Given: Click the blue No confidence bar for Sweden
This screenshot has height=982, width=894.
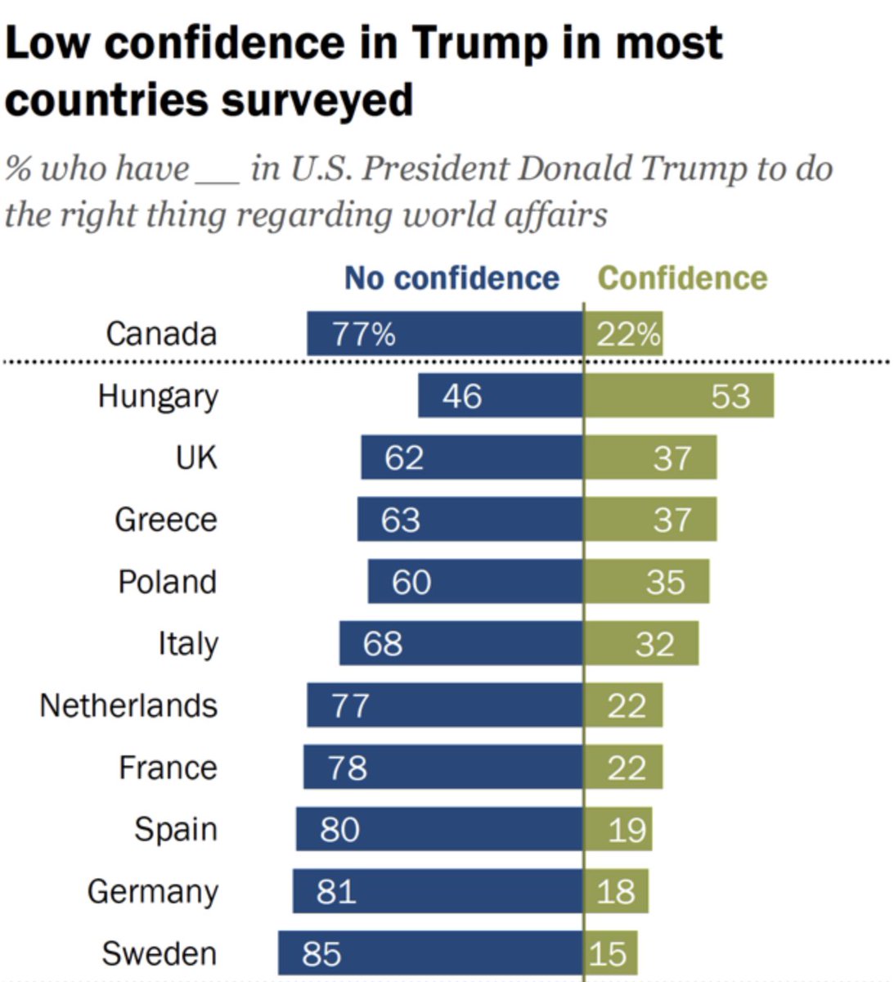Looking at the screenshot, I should tap(430, 953).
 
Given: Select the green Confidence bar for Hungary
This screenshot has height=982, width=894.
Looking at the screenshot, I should tap(679, 396).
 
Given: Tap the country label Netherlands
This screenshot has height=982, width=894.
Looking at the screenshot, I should tap(128, 705).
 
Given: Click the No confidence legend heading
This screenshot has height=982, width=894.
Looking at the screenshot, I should tap(451, 278).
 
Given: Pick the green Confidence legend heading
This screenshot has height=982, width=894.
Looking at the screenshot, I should tap(682, 278).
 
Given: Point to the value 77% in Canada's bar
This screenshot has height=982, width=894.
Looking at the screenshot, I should tap(363, 334).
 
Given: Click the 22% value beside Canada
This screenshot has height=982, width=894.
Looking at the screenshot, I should tap(627, 334).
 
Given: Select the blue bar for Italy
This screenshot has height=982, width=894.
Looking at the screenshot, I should tap(461, 643).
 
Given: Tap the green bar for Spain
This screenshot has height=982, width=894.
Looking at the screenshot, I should tap(618, 829).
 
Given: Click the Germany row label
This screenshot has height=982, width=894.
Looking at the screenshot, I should tap(153, 891).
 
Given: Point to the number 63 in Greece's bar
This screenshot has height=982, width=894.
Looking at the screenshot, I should tap(400, 520).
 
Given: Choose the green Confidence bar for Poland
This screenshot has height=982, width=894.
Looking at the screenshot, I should tap(647, 582).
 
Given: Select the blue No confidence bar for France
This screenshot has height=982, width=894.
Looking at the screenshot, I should tap(443, 768).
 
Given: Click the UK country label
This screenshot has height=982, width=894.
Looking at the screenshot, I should tap(196, 457).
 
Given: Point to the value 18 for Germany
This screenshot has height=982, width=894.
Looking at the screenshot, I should tap(615, 891).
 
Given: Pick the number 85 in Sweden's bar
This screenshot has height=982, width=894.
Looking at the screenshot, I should tap(321, 953).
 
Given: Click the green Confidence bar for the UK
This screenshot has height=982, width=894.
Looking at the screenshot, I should tap(650, 457).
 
